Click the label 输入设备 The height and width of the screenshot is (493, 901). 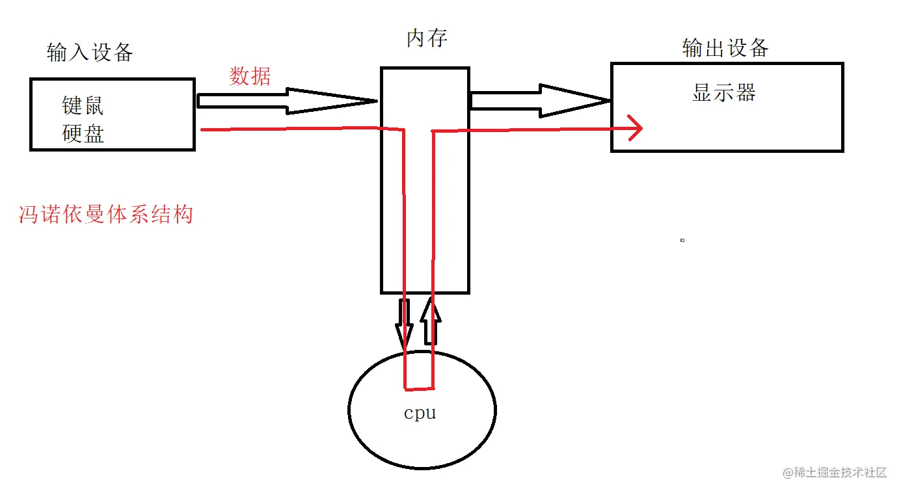pyautogui.click(x=90, y=52)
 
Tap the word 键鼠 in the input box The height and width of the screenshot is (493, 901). pyautogui.click(x=83, y=105)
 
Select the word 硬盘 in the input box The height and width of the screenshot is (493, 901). pyautogui.click(x=83, y=133)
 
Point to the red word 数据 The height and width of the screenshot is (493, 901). pyautogui.click(x=250, y=76)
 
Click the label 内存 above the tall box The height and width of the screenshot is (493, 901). pyautogui.click(x=427, y=38)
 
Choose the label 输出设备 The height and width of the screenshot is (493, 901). pyautogui.click(x=725, y=48)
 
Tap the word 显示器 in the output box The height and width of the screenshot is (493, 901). pyautogui.click(x=724, y=92)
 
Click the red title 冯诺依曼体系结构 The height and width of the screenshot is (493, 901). pyautogui.click(x=106, y=214)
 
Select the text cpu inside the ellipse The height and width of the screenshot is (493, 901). pyautogui.click(x=420, y=413)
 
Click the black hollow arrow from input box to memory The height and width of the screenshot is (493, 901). pyautogui.click(x=287, y=101)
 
